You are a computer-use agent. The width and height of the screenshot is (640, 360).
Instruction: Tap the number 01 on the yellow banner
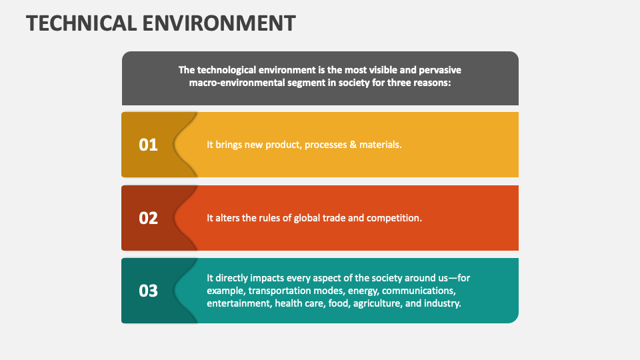[x=148, y=145]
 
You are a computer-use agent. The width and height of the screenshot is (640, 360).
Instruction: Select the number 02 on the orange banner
[x=148, y=218]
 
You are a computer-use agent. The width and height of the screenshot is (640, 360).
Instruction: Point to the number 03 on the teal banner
[x=148, y=291]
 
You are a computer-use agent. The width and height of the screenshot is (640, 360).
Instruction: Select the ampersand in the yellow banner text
[x=353, y=145]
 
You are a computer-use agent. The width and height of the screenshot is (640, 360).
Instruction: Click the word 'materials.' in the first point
[x=381, y=145]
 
